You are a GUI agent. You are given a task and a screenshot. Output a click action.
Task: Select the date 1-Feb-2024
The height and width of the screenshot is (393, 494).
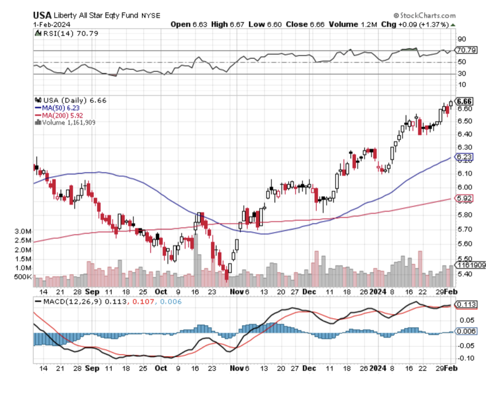click(x=48, y=25)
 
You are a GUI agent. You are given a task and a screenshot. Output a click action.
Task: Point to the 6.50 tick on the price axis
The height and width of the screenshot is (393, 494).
click(x=463, y=121)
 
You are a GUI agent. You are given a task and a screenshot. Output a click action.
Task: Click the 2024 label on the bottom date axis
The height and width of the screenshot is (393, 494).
click(x=378, y=368)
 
